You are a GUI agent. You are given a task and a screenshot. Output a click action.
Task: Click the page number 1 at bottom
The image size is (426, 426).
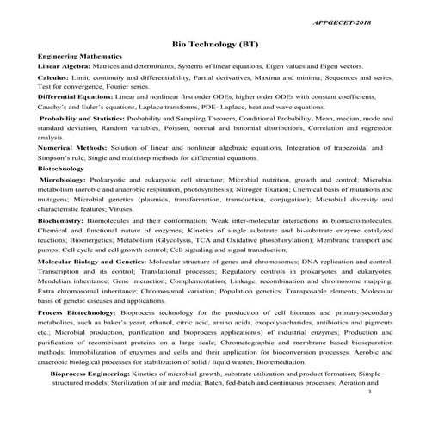(x=368, y=416)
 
